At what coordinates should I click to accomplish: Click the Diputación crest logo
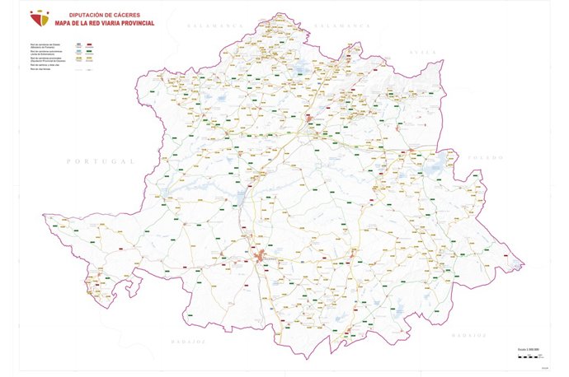point(39,18)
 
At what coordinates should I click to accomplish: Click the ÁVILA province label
point(423,51)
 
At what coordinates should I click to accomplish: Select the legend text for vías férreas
point(40,72)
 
